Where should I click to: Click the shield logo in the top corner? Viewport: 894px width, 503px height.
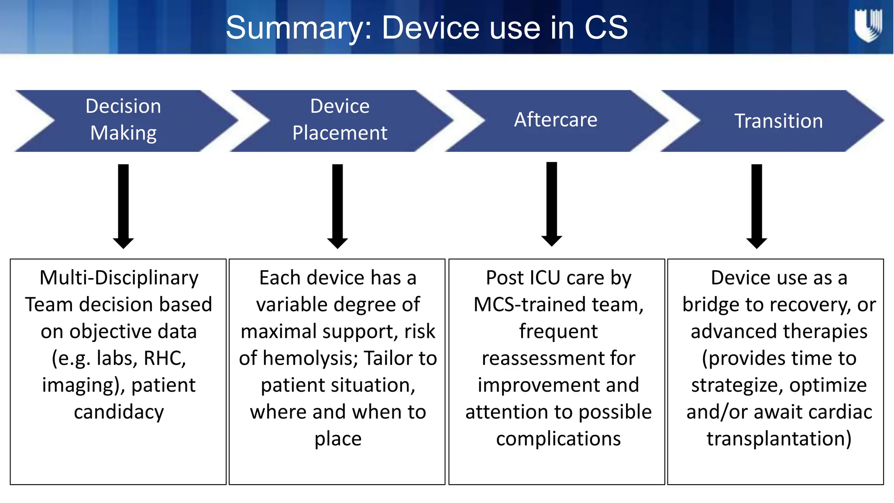tap(868, 26)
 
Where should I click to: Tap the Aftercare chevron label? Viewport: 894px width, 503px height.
tap(555, 120)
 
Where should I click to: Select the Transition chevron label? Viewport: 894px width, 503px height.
tap(778, 121)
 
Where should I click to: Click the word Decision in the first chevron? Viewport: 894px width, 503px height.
tap(123, 106)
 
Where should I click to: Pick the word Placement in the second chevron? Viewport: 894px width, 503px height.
tap(340, 133)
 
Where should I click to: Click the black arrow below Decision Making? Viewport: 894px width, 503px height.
tap(123, 205)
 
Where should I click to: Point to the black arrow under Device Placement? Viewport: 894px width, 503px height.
tap(337, 205)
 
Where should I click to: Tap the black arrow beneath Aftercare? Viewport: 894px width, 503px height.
tap(551, 203)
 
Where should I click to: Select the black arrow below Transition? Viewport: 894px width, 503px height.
tap(756, 205)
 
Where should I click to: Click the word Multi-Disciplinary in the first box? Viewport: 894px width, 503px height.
tap(119, 278)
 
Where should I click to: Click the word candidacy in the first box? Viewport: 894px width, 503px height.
tap(119, 412)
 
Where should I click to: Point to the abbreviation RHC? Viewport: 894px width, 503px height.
tap(165, 358)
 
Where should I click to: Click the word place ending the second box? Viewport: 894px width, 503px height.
tap(338, 439)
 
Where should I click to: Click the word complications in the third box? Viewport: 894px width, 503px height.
tap(558, 439)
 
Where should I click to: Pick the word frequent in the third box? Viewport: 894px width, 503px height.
tap(558, 331)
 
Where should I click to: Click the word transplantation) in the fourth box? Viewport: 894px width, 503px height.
tap(779, 439)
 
